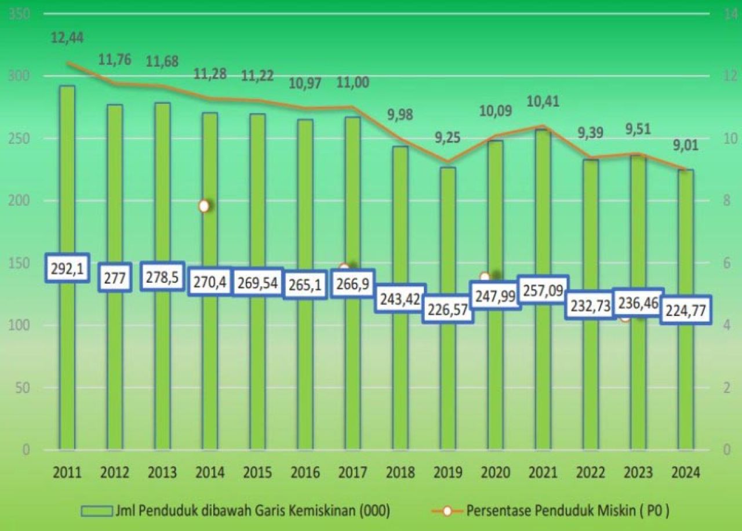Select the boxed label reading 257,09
(x=543, y=290)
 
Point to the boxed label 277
(x=115, y=276)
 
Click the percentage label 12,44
(x=67, y=38)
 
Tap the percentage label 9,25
(x=447, y=139)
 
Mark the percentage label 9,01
(x=685, y=146)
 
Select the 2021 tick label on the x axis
(x=543, y=472)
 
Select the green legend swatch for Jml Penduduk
(x=96, y=511)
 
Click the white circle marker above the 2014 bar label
(x=204, y=206)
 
